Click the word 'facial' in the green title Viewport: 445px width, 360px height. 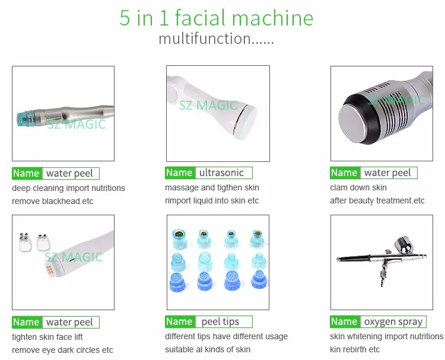click(x=200, y=18)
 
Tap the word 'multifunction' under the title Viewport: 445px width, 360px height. click(x=205, y=39)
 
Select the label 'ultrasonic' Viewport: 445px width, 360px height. click(x=221, y=173)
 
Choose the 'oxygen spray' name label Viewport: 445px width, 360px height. click(x=393, y=321)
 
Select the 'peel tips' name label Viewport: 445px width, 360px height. click(x=220, y=321)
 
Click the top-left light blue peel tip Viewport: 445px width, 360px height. click(x=179, y=239)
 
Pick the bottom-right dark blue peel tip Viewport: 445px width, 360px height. click(x=259, y=280)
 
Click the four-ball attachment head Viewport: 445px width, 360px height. click(x=24, y=242)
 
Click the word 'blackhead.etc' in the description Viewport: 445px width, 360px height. click(x=68, y=201)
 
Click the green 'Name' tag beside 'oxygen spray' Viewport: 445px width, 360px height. click(x=345, y=321)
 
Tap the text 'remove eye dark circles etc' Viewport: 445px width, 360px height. click(x=62, y=350)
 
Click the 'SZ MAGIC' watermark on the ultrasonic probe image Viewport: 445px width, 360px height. click(x=208, y=106)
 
